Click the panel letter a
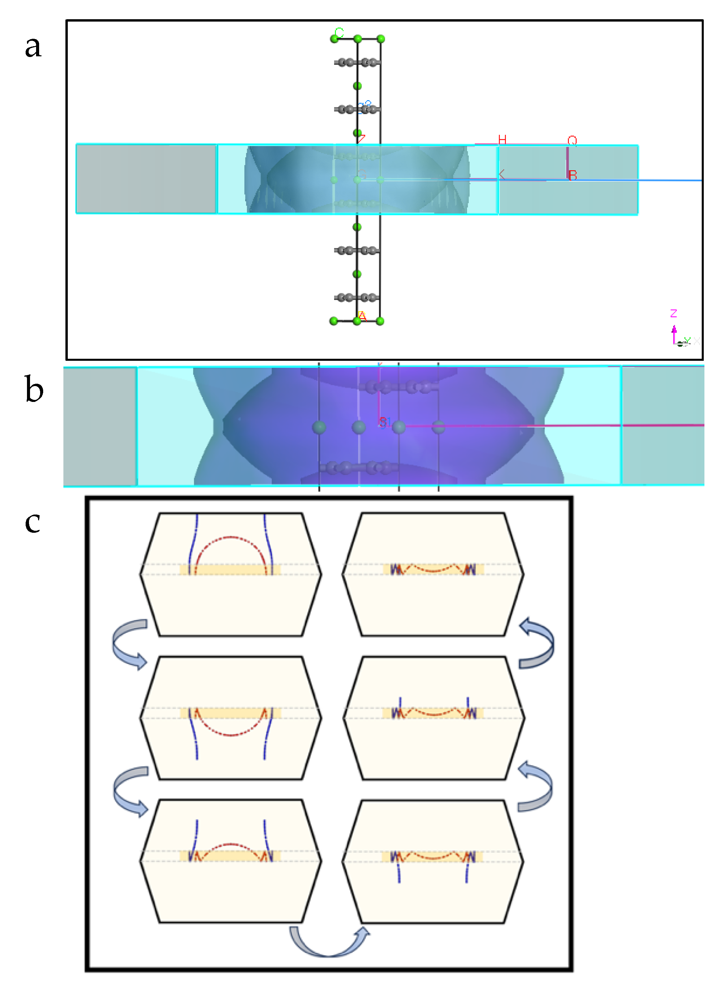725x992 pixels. point(33,47)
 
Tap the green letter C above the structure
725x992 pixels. point(339,32)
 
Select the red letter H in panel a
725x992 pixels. point(502,140)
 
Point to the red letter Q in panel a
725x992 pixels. point(572,140)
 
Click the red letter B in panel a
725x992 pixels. point(572,175)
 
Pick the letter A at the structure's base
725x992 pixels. point(362,316)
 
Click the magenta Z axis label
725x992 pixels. point(674,313)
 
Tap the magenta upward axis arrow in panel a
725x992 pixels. point(674,334)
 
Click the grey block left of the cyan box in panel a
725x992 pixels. point(146,179)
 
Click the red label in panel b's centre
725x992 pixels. point(383,422)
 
